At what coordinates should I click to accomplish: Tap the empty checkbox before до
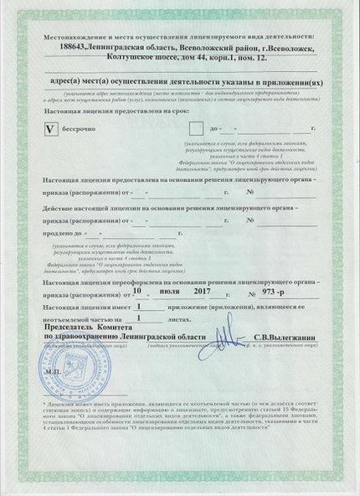click(x=196, y=128)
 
